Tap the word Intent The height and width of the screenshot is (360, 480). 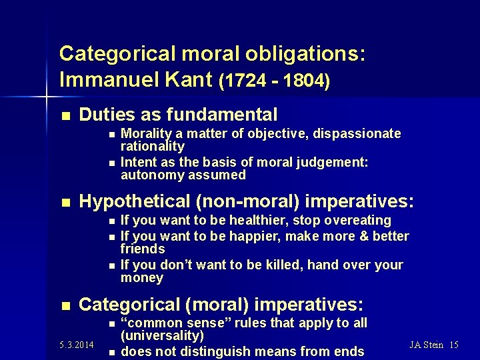click(139, 162)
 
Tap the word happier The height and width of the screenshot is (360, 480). click(254, 236)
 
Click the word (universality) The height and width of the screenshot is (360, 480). click(162, 335)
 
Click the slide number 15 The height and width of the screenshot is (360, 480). click(454, 345)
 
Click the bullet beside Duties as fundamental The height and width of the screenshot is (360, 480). click(65, 115)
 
